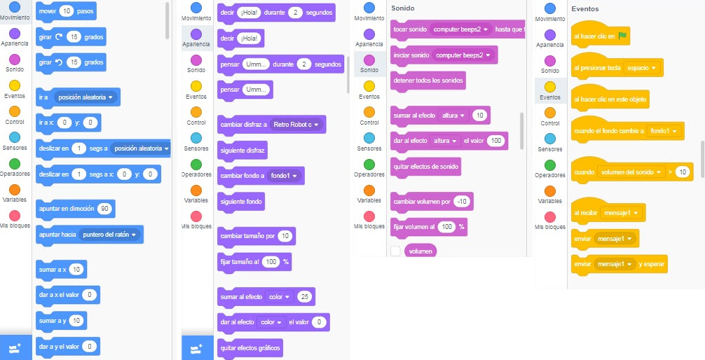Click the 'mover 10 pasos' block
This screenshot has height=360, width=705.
click(48, 12)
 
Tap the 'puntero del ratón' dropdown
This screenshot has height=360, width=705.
click(110, 235)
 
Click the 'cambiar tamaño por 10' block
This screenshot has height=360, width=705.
click(247, 236)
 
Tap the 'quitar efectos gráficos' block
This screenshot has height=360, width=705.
click(249, 347)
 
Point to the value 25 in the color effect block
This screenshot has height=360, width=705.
click(304, 297)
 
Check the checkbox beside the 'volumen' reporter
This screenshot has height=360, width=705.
click(396, 251)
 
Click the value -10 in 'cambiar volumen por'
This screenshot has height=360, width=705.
click(461, 202)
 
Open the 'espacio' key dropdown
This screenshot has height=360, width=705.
click(643, 69)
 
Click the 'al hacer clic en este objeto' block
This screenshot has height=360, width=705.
click(609, 100)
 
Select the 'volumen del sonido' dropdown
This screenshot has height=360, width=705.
click(631, 172)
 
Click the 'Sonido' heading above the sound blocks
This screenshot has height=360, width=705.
click(403, 8)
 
